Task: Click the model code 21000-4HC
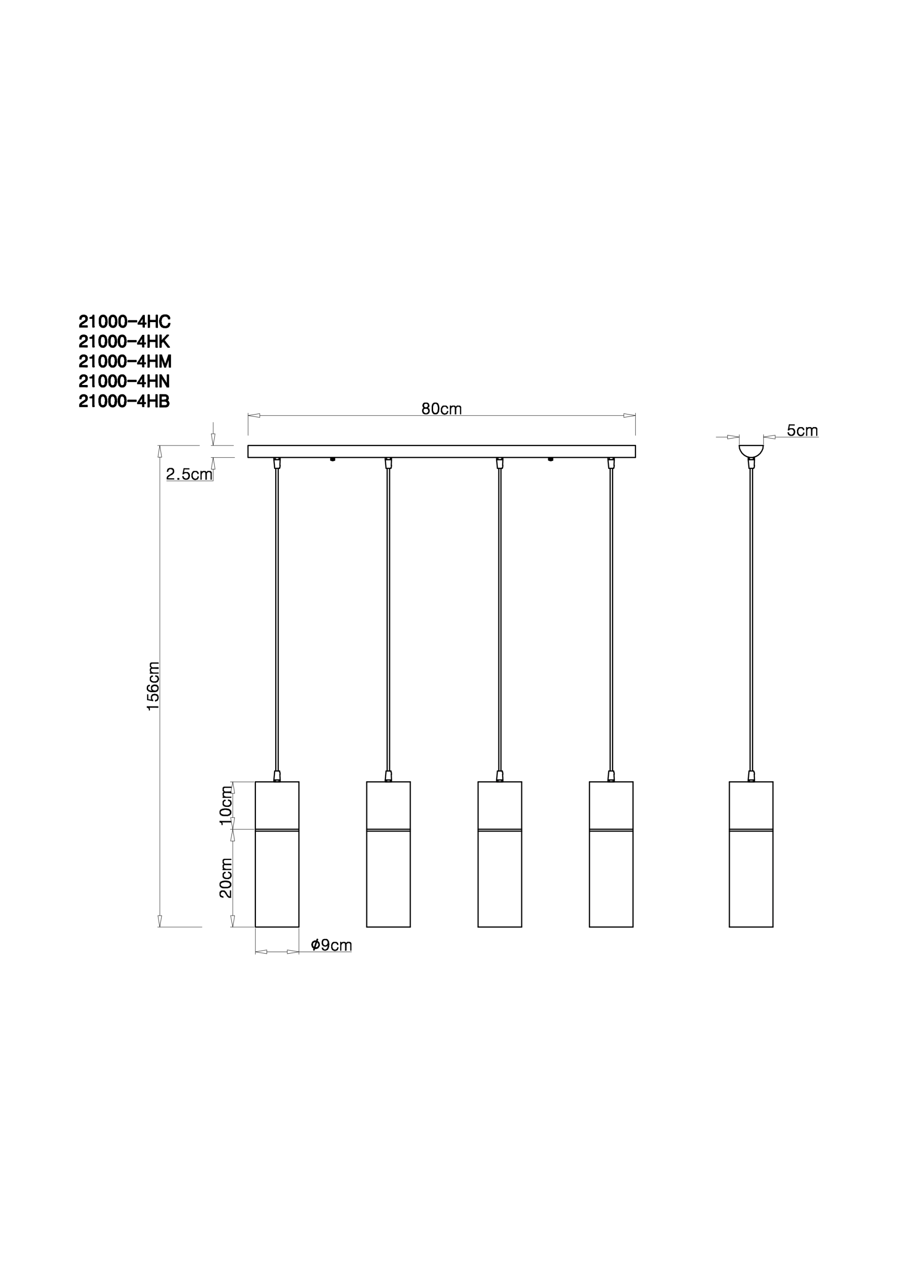124,322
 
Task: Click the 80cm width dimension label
442,409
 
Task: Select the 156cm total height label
153,686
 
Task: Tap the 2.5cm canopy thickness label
189,475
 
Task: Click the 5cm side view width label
802,430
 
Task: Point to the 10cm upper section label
226,806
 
